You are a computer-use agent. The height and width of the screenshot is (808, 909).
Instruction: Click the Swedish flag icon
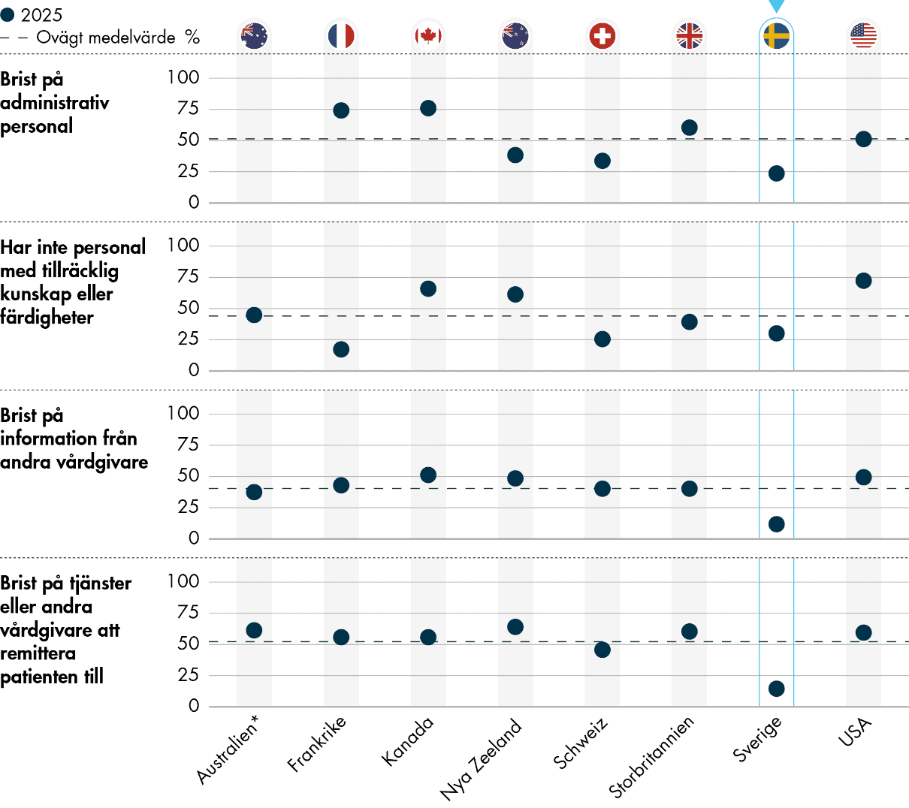[x=776, y=35]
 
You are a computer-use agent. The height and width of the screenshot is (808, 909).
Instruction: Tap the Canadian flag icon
[x=428, y=35]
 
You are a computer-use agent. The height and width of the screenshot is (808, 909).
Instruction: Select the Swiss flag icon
[x=602, y=35]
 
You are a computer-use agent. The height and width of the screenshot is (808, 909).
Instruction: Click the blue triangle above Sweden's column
[x=776, y=6]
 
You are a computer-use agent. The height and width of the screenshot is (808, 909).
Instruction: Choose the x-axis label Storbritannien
[x=651, y=757]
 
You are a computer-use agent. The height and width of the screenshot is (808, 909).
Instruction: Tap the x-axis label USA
[x=856, y=732]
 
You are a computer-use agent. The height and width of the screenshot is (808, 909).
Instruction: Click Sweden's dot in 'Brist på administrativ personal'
[x=776, y=173]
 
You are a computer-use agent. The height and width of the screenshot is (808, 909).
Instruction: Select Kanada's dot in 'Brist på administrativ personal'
[x=428, y=108]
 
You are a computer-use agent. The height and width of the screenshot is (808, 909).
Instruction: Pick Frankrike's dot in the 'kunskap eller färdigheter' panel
[x=341, y=349]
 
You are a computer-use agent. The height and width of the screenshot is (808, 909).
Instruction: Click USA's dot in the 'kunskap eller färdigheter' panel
[x=863, y=281]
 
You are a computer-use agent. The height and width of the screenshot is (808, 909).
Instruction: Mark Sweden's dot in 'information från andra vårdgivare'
[x=776, y=524]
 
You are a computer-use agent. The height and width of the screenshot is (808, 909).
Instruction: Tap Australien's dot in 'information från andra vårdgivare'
[x=254, y=492]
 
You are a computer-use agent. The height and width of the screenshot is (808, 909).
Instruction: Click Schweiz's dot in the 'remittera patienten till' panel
[x=602, y=650]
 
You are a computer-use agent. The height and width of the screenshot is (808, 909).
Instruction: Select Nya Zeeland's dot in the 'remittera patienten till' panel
[x=515, y=627]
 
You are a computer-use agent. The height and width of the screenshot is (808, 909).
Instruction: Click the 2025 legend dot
[x=8, y=15]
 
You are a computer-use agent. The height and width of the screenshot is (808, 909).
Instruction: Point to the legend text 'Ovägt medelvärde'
[x=105, y=38]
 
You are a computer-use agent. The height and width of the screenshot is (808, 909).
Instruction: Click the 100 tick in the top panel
[x=183, y=77]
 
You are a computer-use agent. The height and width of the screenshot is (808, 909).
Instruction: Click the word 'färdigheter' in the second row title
[x=47, y=318]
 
